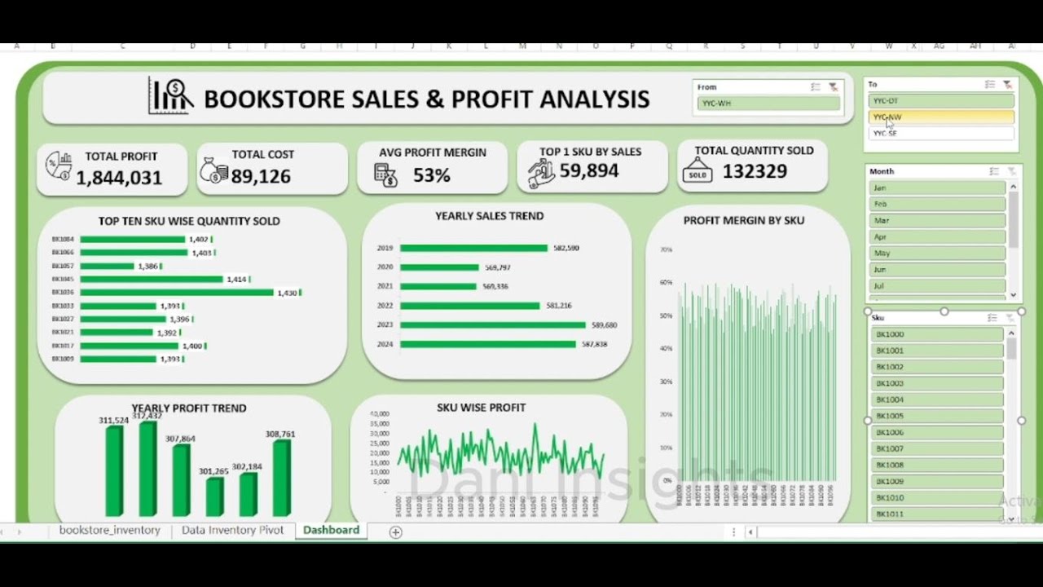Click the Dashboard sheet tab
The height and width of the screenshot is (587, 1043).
point(331,530)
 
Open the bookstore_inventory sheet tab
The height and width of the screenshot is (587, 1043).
point(109,530)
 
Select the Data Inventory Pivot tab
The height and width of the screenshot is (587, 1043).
point(232,530)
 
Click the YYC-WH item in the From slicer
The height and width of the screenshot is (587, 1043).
point(768,104)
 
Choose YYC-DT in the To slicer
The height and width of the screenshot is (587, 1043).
point(940,101)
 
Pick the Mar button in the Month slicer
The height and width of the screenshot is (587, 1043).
point(937,220)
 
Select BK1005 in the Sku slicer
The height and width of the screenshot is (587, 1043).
point(936,416)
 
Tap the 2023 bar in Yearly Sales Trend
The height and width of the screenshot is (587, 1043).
point(492,324)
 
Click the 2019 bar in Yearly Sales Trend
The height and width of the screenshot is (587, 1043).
point(473,248)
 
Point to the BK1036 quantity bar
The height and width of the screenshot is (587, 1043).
point(177,292)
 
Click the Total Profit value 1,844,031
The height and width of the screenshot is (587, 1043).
point(119,178)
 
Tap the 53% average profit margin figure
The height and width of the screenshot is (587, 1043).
point(431,175)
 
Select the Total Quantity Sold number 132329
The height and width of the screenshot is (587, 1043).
point(755,171)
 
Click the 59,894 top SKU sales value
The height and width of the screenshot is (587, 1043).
point(589,170)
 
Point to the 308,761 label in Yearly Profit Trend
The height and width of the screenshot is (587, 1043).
point(280,435)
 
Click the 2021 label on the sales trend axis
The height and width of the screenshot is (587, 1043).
point(385,286)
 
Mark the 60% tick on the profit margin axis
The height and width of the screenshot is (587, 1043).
point(666,282)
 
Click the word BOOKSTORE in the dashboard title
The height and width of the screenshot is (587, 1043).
point(274,99)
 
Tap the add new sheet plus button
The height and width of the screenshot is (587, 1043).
point(395,532)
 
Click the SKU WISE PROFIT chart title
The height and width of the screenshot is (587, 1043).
point(481,407)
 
